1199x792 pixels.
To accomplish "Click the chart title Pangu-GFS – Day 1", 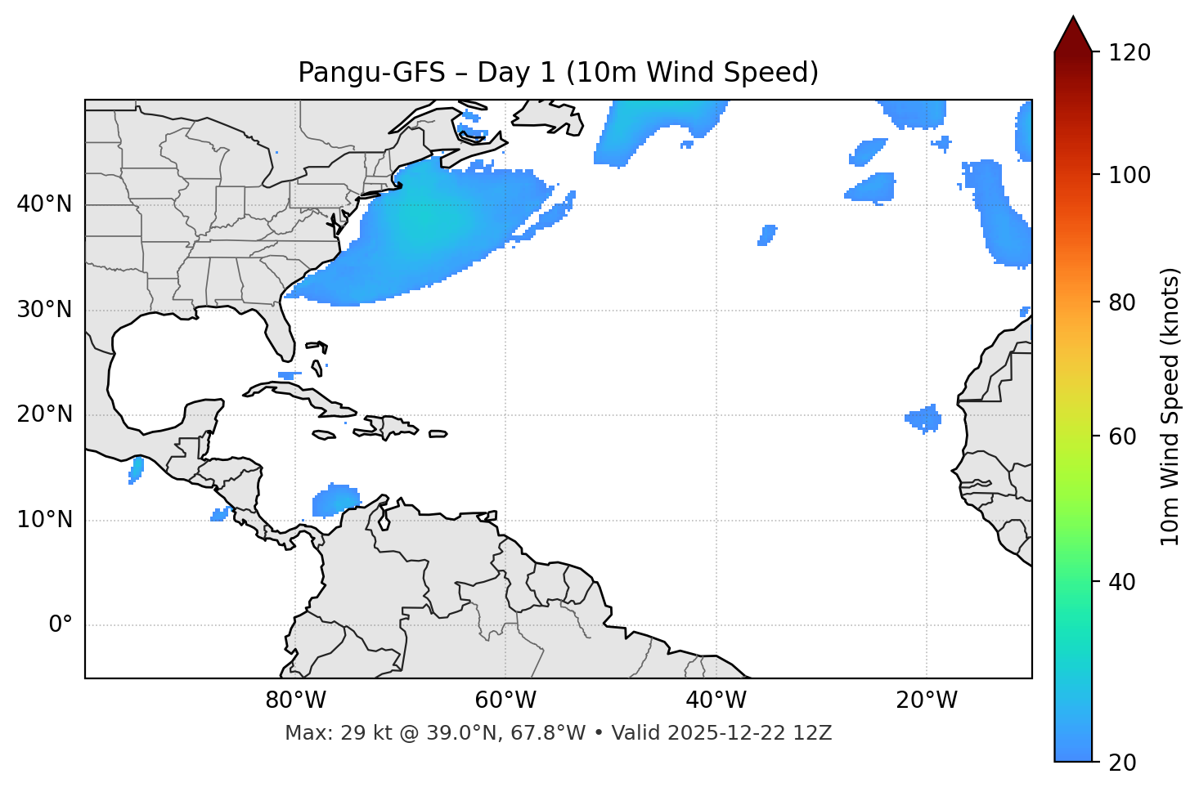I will tap(558, 73).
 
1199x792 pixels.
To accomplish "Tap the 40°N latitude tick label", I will tap(44, 204).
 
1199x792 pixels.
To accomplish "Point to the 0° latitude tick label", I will tap(61, 625).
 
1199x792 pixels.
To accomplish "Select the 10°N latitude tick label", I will tap(44, 520).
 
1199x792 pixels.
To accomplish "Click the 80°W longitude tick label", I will tap(295, 700).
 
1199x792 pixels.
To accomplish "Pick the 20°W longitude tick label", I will tap(927, 700).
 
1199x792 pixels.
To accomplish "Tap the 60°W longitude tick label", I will tap(505, 700).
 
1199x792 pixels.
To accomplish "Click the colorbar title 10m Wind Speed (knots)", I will tap(1170, 406).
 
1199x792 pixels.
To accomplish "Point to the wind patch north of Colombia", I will tap(335, 499).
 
